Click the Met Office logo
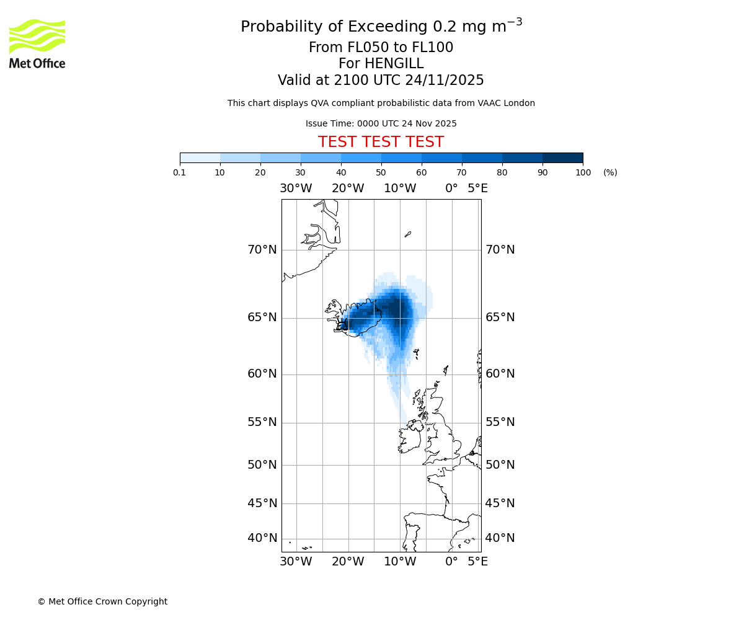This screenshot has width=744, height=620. [x=37, y=43]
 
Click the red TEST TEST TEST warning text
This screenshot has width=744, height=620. [x=381, y=142]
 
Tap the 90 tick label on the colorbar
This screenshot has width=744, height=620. [x=542, y=173]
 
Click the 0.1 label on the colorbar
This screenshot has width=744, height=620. [x=179, y=173]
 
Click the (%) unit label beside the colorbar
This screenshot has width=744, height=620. [x=610, y=173]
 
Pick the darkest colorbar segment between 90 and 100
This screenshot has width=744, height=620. [x=562, y=157]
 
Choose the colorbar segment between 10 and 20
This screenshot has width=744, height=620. [x=240, y=157]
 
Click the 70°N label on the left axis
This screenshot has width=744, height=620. [x=262, y=250]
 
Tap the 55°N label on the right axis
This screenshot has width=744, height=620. [x=500, y=422]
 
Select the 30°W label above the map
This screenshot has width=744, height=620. [x=296, y=188]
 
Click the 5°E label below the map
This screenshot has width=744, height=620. [x=477, y=562]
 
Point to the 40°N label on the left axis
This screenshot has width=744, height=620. [x=262, y=538]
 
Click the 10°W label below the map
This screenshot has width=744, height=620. [x=400, y=562]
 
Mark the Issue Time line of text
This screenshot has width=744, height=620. [x=381, y=123]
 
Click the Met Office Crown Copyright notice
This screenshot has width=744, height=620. [x=102, y=601]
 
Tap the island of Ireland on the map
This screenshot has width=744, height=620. [x=409, y=438]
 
